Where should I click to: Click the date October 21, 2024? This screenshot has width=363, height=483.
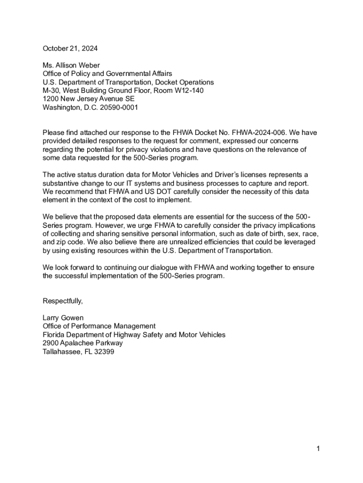click(x=70, y=49)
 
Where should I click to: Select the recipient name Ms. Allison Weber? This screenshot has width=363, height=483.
click(x=71, y=65)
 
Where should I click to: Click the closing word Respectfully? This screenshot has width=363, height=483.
click(x=63, y=301)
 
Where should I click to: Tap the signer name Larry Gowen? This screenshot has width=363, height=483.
click(x=63, y=318)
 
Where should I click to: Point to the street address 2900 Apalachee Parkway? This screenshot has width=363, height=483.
click(x=82, y=343)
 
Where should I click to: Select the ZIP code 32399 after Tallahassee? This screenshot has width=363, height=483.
click(x=104, y=351)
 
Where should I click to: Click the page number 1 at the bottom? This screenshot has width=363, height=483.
click(x=318, y=449)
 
